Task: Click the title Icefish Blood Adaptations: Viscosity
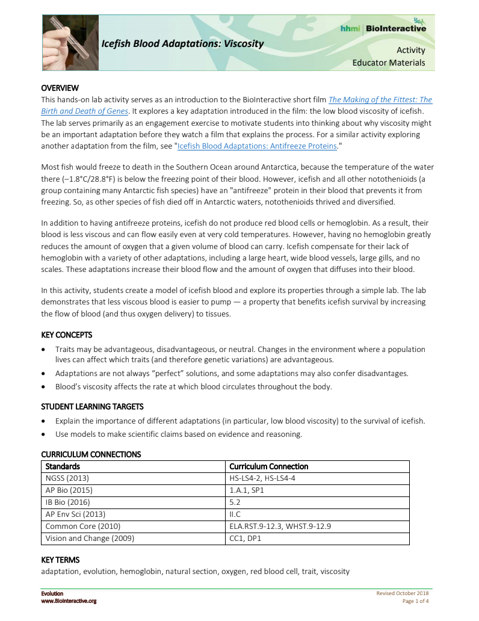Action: pyautogui.click(x=182, y=43)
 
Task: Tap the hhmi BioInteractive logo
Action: pyautogui.click(x=391, y=28)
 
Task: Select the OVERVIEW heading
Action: pyautogui.click(x=60, y=88)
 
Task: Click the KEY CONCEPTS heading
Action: pyautogui.click(x=66, y=335)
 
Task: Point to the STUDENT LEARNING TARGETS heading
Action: pyautogui.click(x=92, y=407)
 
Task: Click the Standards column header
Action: pyautogui.click(x=63, y=466)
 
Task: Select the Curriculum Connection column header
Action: pyautogui.click(x=269, y=466)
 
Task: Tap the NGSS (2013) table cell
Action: pyautogui.click(x=67, y=478)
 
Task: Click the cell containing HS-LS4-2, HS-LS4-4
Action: pyautogui.click(x=262, y=478)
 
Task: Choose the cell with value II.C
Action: pyautogui.click(x=235, y=514)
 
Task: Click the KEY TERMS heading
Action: pyautogui.click(x=60, y=560)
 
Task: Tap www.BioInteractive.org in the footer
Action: pyautogui.click(x=69, y=601)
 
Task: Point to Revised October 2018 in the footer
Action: pyautogui.click(x=403, y=594)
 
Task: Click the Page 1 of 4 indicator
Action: pyautogui.click(x=415, y=601)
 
